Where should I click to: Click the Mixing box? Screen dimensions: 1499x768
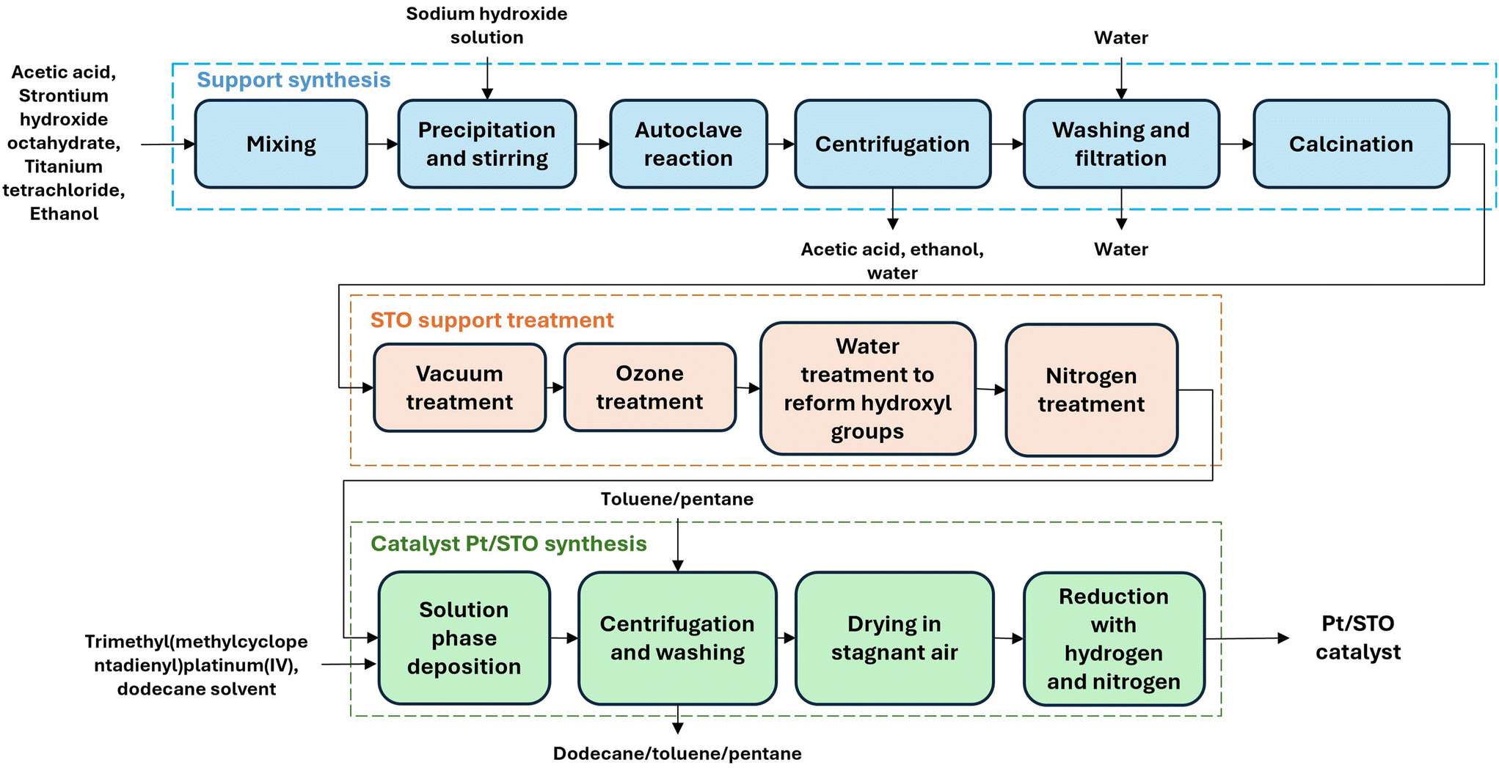tap(281, 144)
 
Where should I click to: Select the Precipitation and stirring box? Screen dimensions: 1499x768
tap(487, 144)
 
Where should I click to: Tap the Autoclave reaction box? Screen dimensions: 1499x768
tap(688, 144)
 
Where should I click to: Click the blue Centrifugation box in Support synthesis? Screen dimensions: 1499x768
tap(892, 144)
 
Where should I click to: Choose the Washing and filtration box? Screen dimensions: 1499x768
tap(1121, 144)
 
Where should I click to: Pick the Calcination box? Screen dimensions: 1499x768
tap(1352, 144)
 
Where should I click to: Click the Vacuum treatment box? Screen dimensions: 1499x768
tap(460, 387)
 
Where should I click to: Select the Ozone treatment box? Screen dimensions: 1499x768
tap(650, 387)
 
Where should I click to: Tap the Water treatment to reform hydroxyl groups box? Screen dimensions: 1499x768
tap(868, 389)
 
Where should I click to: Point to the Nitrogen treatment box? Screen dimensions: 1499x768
tap(1092, 390)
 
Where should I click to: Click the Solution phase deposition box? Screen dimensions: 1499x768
tap(464, 638)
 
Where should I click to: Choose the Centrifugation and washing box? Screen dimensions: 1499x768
tap(677, 638)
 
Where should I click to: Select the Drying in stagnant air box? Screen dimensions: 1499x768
tap(894, 638)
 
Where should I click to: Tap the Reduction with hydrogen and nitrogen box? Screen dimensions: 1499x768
tap(1114, 639)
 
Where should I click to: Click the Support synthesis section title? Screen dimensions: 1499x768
tap(293, 80)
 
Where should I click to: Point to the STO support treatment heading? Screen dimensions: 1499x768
tap(492, 321)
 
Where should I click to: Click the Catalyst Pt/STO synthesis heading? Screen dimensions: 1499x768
tap(508, 544)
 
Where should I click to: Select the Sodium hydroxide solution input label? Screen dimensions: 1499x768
tap(487, 26)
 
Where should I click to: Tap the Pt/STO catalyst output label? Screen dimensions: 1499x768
tap(1358, 637)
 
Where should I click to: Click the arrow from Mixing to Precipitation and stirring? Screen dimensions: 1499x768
tap(382, 145)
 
